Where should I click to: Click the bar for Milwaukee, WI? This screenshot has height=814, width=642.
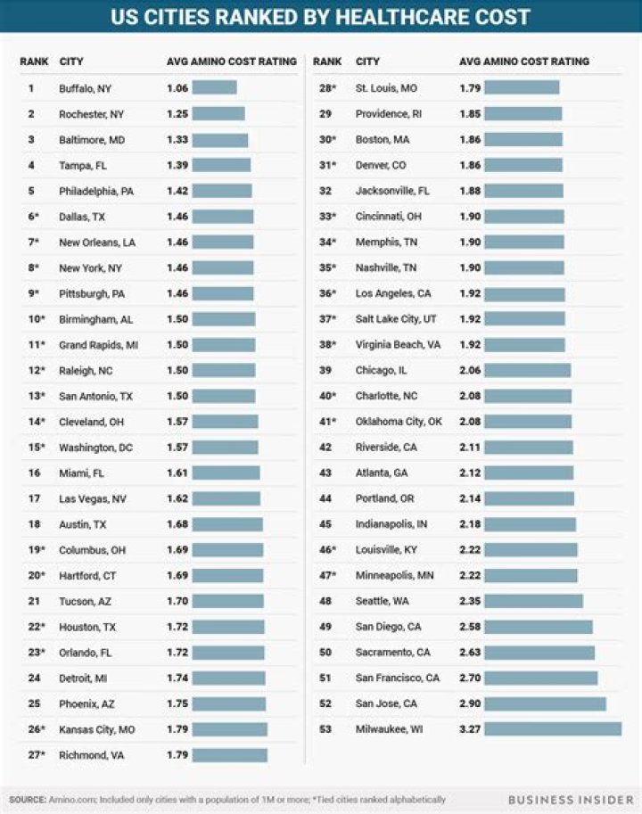point(553,729)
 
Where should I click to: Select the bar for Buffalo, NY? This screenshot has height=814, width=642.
point(214,87)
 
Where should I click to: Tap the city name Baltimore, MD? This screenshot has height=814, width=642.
point(92,140)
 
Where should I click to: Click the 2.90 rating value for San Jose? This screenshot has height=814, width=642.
point(470,703)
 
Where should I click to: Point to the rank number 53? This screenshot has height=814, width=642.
point(325,729)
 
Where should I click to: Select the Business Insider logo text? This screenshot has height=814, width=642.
point(571,800)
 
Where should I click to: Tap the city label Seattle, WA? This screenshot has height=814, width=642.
point(382,601)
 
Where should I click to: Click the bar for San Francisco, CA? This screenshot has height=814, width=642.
point(540,678)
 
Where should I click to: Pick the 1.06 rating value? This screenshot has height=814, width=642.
point(177,88)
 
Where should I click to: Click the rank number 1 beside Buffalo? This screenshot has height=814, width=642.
point(31,88)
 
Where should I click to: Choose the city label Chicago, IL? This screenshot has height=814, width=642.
point(381,370)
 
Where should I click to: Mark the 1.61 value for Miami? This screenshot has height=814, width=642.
point(177,473)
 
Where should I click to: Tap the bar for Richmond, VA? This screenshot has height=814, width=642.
point(230,755)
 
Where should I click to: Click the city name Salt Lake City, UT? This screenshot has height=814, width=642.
point(396,319)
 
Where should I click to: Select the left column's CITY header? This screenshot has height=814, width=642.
point(71,62)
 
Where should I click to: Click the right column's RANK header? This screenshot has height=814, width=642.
point(327,62)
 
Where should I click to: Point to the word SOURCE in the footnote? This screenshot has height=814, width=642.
point(27,800)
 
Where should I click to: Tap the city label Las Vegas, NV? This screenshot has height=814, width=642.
point(93,499)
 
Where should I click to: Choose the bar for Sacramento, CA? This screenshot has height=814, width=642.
point(539,652)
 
